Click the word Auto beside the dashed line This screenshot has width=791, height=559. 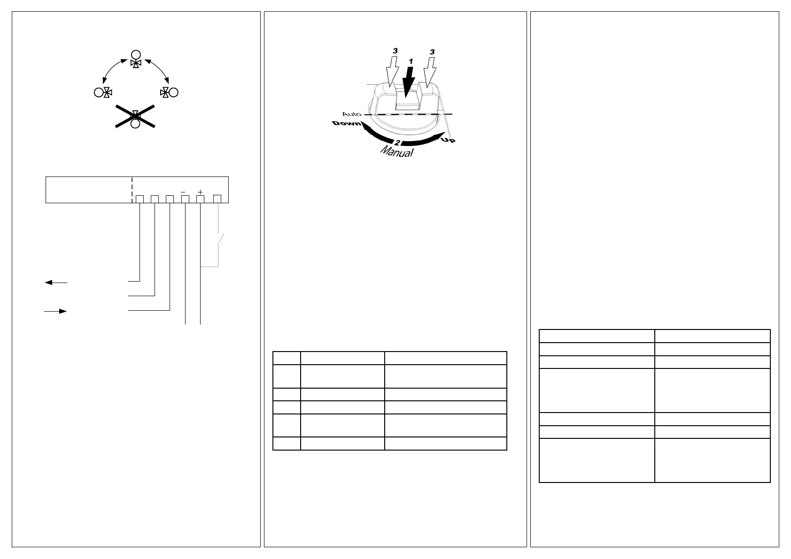click(352, 114)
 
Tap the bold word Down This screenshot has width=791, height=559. click(347, 123)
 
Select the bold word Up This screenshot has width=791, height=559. click(448, 139)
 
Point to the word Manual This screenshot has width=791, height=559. click(397, 152)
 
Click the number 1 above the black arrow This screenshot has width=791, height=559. click(411, 61)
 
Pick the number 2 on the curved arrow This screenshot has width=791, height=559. click(397, 142)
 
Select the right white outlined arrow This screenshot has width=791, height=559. click(429, 72)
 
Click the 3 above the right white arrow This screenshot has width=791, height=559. click(432, 52)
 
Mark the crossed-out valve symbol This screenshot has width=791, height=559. click(135, 117)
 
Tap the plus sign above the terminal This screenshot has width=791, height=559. click(200, 191)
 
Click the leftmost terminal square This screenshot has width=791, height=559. click(140, 199)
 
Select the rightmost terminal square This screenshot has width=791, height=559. click(217, 199)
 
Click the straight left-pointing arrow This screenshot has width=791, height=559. click(56, 283)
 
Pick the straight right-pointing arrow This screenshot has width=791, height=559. click(55, 311)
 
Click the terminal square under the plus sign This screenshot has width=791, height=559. click(200, 199)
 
